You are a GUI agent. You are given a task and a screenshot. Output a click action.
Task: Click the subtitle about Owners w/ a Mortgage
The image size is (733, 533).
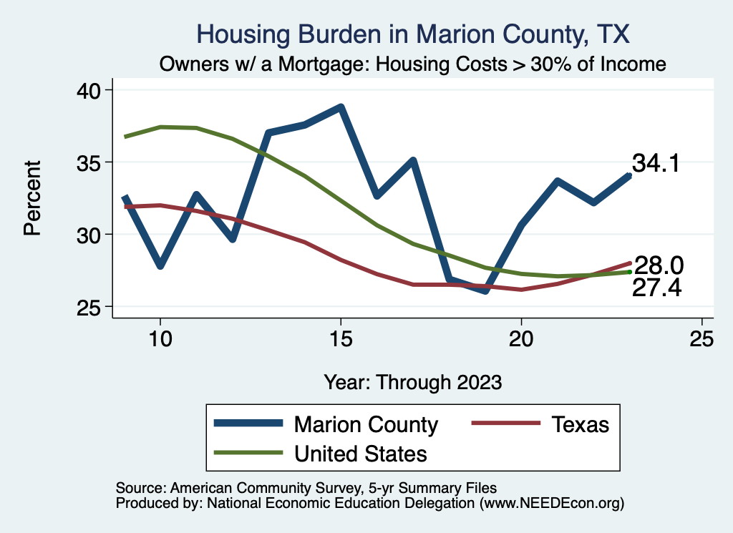413,64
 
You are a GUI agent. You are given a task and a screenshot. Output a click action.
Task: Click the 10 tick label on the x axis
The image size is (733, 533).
160,339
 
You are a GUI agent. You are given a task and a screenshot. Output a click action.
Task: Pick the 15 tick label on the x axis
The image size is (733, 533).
341,339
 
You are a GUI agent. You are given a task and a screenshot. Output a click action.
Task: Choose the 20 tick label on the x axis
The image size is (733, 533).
521,339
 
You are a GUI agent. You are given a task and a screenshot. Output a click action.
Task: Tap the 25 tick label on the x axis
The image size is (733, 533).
702,339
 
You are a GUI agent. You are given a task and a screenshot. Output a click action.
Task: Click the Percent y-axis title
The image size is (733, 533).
31,198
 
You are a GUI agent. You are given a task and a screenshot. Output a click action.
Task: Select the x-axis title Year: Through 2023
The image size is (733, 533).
413,381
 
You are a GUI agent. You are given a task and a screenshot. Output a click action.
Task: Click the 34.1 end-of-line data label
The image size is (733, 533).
655,163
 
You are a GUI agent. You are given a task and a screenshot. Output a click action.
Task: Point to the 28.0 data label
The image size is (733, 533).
659,266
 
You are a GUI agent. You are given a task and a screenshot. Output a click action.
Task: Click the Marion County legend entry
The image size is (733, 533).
365,424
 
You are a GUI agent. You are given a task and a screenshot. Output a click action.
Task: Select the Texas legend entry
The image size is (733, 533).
580,424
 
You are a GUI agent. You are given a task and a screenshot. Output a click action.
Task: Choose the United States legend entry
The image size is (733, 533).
360,454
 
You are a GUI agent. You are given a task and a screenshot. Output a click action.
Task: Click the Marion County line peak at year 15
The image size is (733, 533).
341,108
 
